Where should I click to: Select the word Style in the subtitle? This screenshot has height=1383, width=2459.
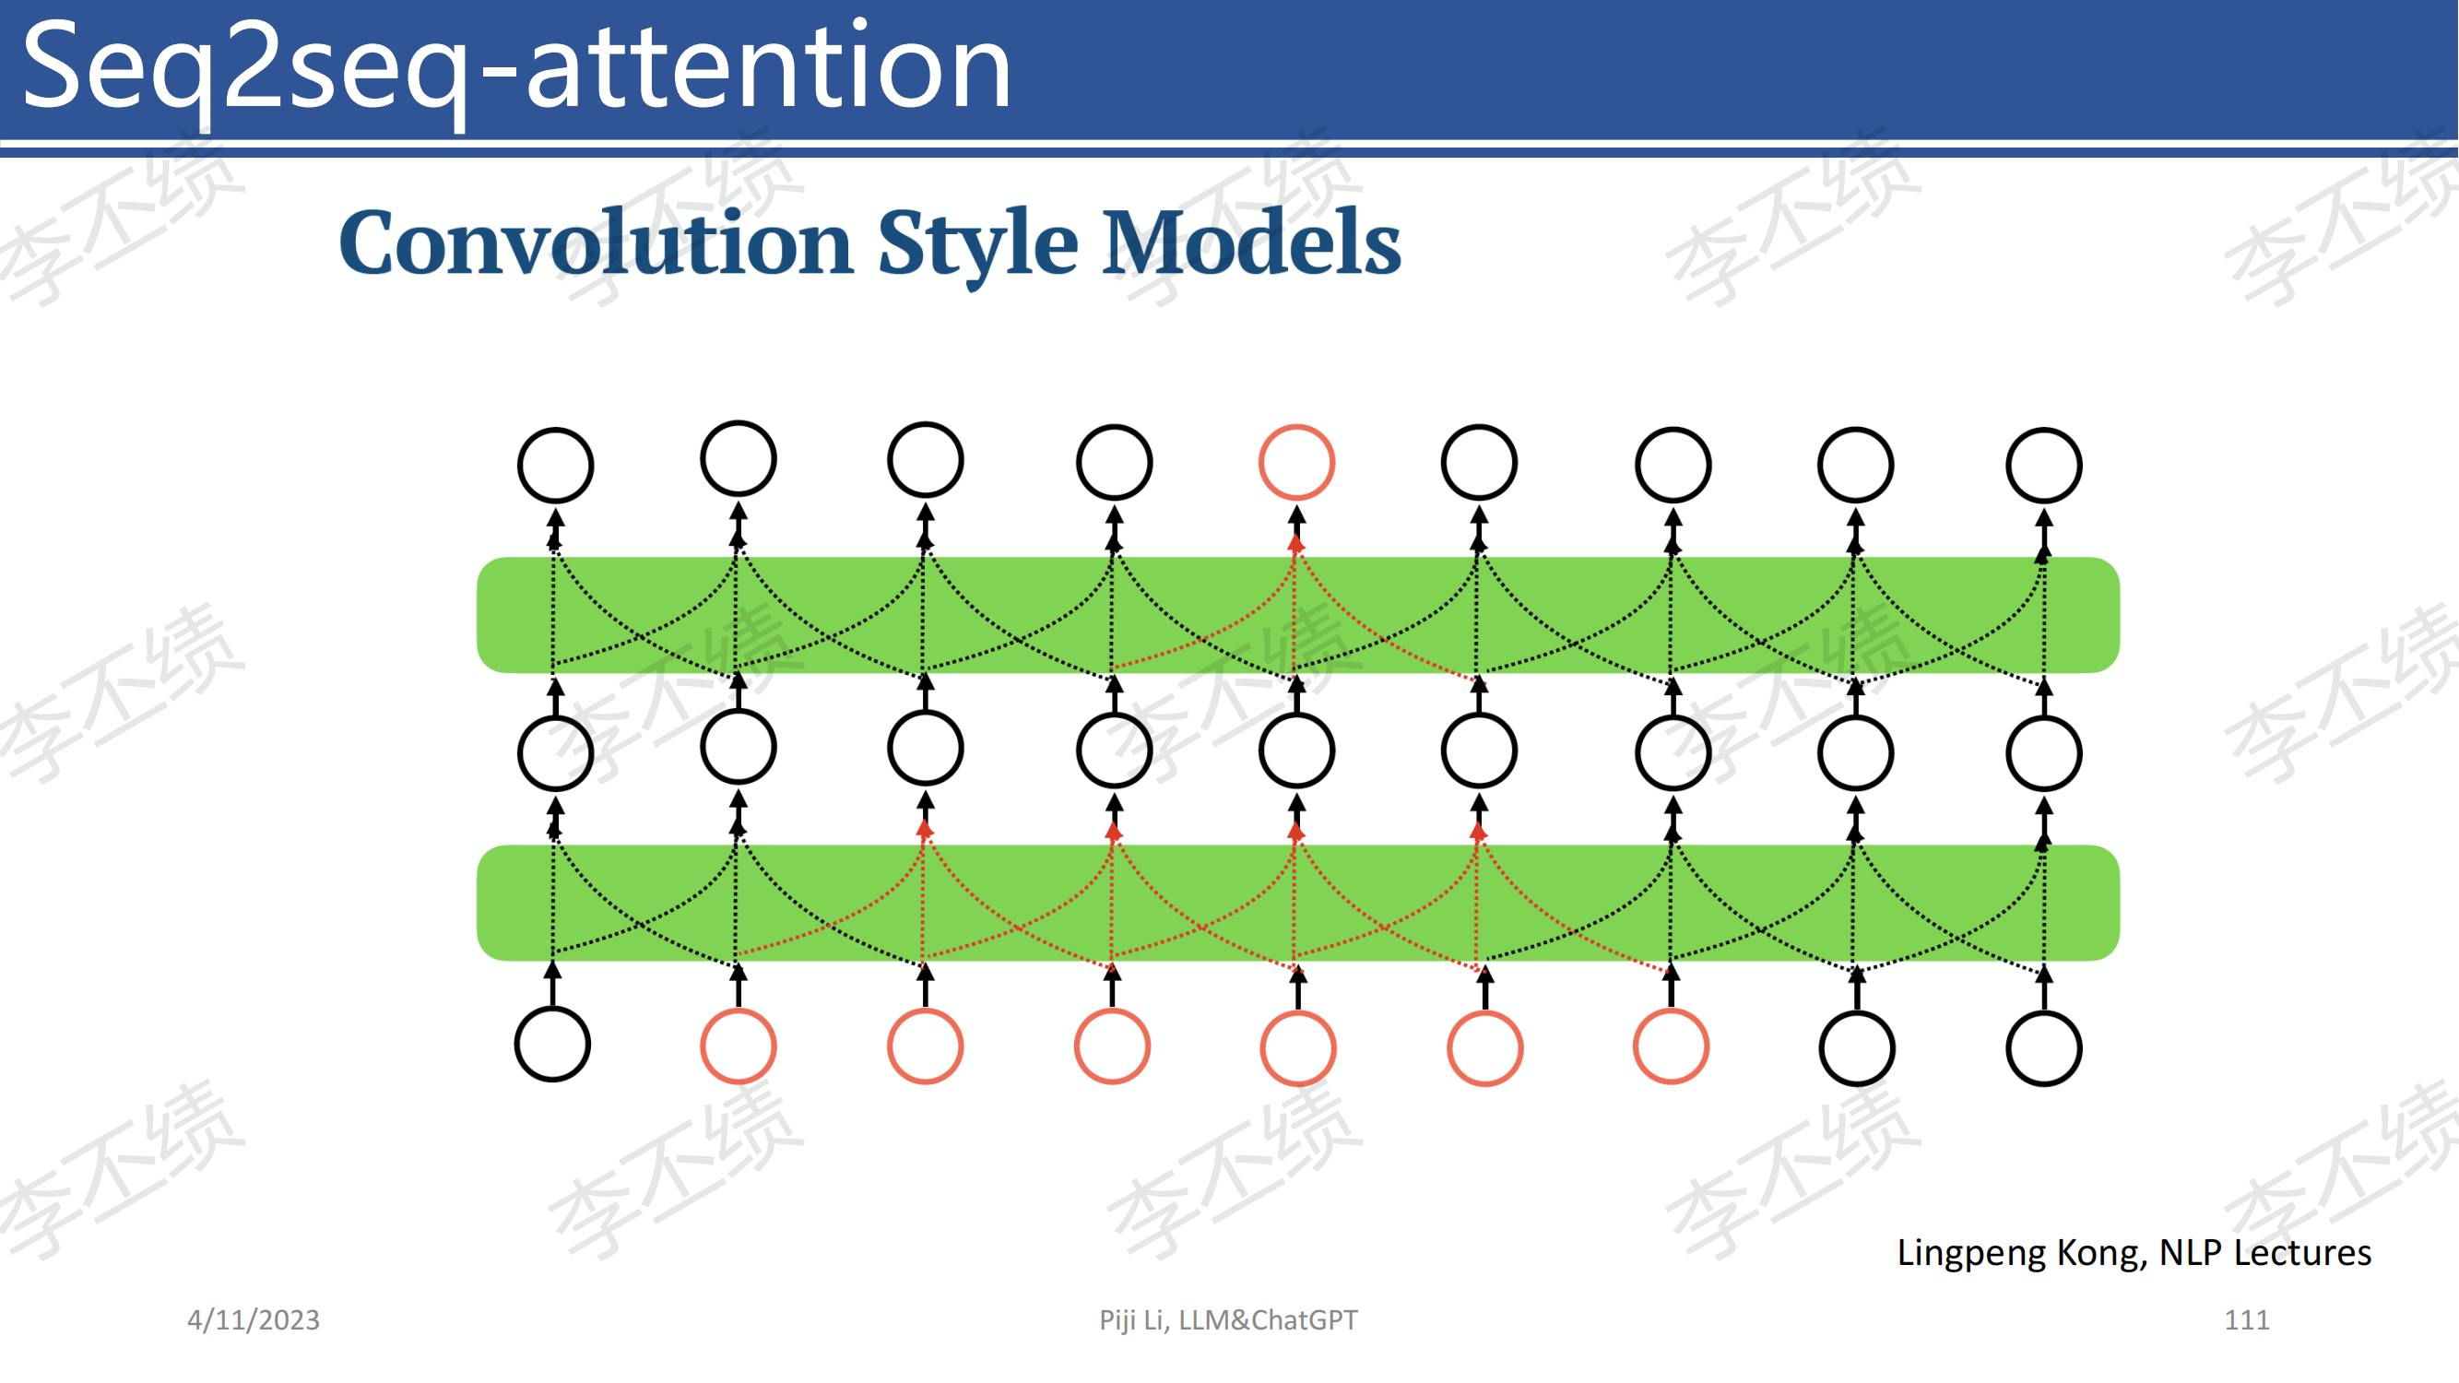pos(978,246)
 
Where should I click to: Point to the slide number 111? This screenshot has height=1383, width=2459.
pos(2246,1320)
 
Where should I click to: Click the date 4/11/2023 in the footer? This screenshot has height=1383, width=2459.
pos(253,1320)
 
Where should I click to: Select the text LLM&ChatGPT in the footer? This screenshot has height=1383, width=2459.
pos(1268,1320)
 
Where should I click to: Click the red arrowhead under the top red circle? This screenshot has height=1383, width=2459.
pos(1295,543)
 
